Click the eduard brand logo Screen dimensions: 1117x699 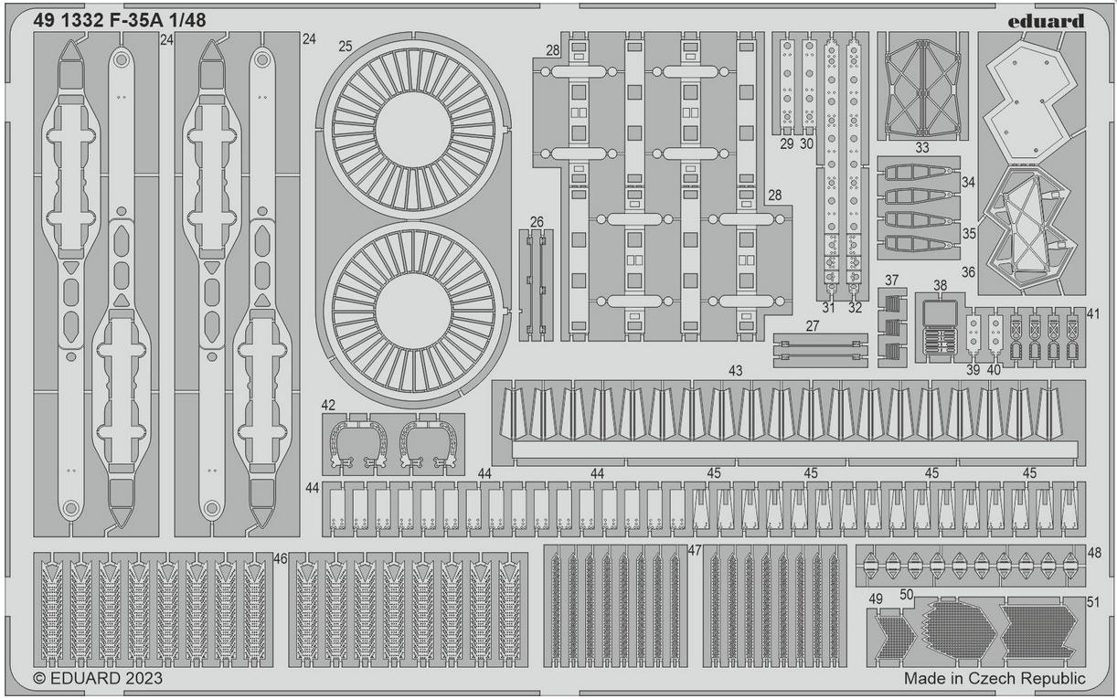(1046, 21)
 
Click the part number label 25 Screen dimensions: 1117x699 (346, 47)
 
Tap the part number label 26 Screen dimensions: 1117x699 (537, 222)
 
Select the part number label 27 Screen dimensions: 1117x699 (813, 326)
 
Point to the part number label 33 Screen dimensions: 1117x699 (922, 148)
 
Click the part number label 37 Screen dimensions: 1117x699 (891, 281)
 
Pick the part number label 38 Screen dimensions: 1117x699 (940, 286)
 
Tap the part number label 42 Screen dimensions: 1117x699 (328, 406)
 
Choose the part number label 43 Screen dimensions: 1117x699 (736, 371)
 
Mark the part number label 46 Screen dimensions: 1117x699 (281, 559)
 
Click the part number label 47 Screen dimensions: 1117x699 (695, 550)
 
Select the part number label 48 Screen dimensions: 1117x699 (1094, 553)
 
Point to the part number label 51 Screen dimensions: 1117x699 (1092, 602)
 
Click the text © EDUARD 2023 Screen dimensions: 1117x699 (98, 679)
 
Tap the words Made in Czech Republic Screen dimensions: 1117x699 (995, 679)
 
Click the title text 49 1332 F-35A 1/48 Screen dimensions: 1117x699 (120, 20)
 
